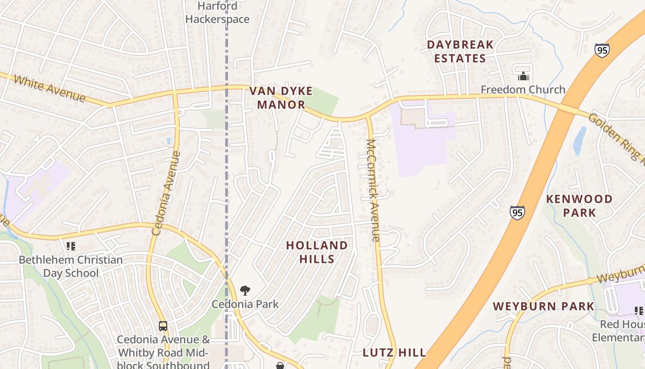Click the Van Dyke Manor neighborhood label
point(281,98)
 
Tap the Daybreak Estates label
point(460,51)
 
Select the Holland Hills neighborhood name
point(317,252)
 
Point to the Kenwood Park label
point(579,206)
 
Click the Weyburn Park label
point(544,306)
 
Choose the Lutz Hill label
point(394,353)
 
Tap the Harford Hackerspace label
point(217,13)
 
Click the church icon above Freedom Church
point(523,76)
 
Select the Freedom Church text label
point(523,89)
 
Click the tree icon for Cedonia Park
point(245,291)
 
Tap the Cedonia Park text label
point(245,304)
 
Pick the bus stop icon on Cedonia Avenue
point(163,326)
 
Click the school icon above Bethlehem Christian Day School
point(70,246)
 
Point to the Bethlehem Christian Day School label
point(71,266)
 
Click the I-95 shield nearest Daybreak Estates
point(602,50)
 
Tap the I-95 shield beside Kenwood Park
point(517,213)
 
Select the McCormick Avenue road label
point(372,190)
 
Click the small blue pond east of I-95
point(580,140)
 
